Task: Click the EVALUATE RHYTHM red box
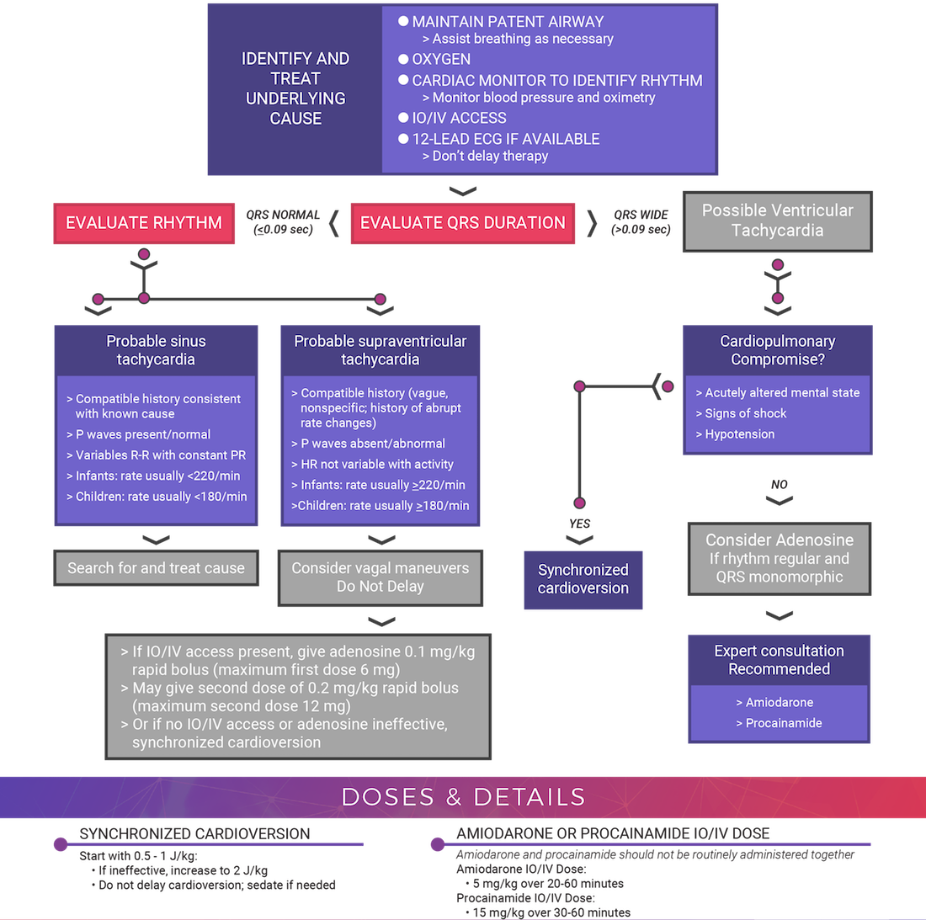(x=144, y=223)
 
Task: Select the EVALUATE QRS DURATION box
(x=462, y=223)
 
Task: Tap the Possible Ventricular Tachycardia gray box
(x=777, y=221)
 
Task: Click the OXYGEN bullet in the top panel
(x=440, y=60)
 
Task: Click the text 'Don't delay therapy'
(x=489, y=157)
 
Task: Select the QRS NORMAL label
(x=283, y=222)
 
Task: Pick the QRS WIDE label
(x=641, y=222)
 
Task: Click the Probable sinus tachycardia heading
(x=156, y=350)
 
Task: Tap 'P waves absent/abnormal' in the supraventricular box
(x=373, y=444)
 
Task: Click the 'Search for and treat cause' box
(x=156, y=568)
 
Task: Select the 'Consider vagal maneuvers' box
(x=381, y=577)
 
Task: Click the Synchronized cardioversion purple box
(x=583, y=579)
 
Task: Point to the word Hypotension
(x=740, y=434)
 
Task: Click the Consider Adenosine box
(x=780, y=558)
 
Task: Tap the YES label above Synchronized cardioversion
(x=579, y=524)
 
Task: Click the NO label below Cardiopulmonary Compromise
(x=780, y=485)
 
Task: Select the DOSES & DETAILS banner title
(x=463, y=797)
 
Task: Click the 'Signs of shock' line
(x=745, y=413)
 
